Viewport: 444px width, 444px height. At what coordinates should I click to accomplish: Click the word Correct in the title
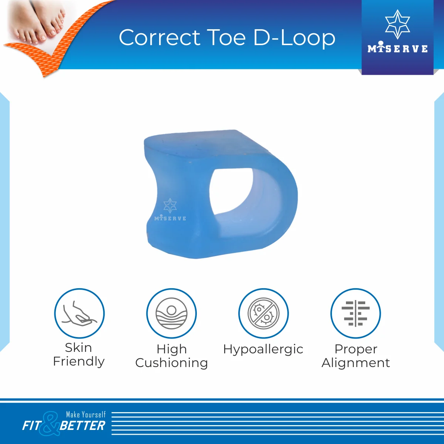pos(159,38)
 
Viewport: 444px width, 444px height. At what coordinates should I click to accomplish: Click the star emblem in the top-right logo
pos(397,24)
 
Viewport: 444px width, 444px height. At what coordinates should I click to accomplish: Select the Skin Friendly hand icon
pos(79,313)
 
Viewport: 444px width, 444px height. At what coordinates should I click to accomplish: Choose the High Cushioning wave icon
pos(171,313)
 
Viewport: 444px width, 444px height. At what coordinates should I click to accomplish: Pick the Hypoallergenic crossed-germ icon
pos(263,313)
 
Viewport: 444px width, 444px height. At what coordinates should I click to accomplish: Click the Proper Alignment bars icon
pos(356,313)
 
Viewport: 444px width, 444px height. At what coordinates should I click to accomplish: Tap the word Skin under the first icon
pos(78,347)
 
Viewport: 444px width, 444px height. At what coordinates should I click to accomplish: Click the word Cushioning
pos(172,363)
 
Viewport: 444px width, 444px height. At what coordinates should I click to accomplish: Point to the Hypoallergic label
pos(263,350)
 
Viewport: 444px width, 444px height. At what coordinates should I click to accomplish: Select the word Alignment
pos(356,363)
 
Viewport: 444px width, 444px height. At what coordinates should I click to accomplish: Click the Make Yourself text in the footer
pos(86,414)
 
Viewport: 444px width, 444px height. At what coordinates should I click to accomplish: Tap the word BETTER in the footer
pos(82,425)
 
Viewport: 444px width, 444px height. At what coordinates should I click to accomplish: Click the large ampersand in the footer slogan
pos(49,424)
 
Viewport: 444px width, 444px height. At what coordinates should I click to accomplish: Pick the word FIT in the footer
pos(31,425)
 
